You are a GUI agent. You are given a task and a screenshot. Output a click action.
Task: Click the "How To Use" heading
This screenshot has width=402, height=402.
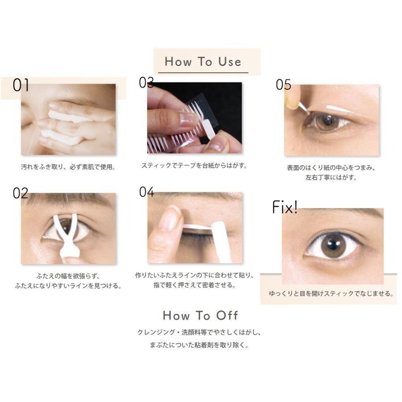pyautogui.click(x=203, y=62)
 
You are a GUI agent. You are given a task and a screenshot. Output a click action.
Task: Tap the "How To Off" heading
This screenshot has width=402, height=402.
pyautogui.click(x=201, y=315)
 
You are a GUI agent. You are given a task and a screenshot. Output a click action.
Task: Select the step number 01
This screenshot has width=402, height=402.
pyautogui.click(x=21, y=85)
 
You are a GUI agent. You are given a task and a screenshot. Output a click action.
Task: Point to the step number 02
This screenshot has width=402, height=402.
pyautogui.click(x=21, y=193)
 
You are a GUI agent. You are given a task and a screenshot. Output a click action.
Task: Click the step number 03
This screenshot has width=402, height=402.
pyautogui.click(x=147, y=82)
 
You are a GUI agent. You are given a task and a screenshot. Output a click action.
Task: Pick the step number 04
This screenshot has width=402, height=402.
pyautogui.click(x=147, y=192)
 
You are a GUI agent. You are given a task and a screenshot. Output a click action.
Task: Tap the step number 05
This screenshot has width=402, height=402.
pyautogui.click(x=284, y=84)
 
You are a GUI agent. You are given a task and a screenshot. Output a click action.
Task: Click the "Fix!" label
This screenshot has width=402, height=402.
pyautogui.click(x=285, y=207)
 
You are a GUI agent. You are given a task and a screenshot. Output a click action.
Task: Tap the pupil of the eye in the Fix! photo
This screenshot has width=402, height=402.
pyautogui.click(x=332, y=244)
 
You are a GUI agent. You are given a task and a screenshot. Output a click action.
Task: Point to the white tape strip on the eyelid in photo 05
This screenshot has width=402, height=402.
pyautogui.click(x=340, y=109)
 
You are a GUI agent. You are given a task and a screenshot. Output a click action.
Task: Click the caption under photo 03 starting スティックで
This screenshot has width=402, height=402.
pyautogui.click(x=194, y=166)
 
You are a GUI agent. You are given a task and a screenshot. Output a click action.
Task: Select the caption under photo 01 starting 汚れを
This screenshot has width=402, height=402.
pyautogui.click(x=68, y=167)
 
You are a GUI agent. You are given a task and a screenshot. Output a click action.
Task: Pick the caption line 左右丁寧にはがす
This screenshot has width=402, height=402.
pyautogui.click(x=331, y=177)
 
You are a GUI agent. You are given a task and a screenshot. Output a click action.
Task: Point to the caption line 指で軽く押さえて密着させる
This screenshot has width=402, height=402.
pyautogui.click(x=195, y=285)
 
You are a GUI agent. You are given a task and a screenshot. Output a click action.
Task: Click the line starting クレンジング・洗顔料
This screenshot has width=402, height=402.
pyautogui.click(x=200, y=332)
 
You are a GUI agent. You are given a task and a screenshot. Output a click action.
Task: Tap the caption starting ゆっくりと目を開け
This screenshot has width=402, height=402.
pyautogui.click(x=331, y=293)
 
